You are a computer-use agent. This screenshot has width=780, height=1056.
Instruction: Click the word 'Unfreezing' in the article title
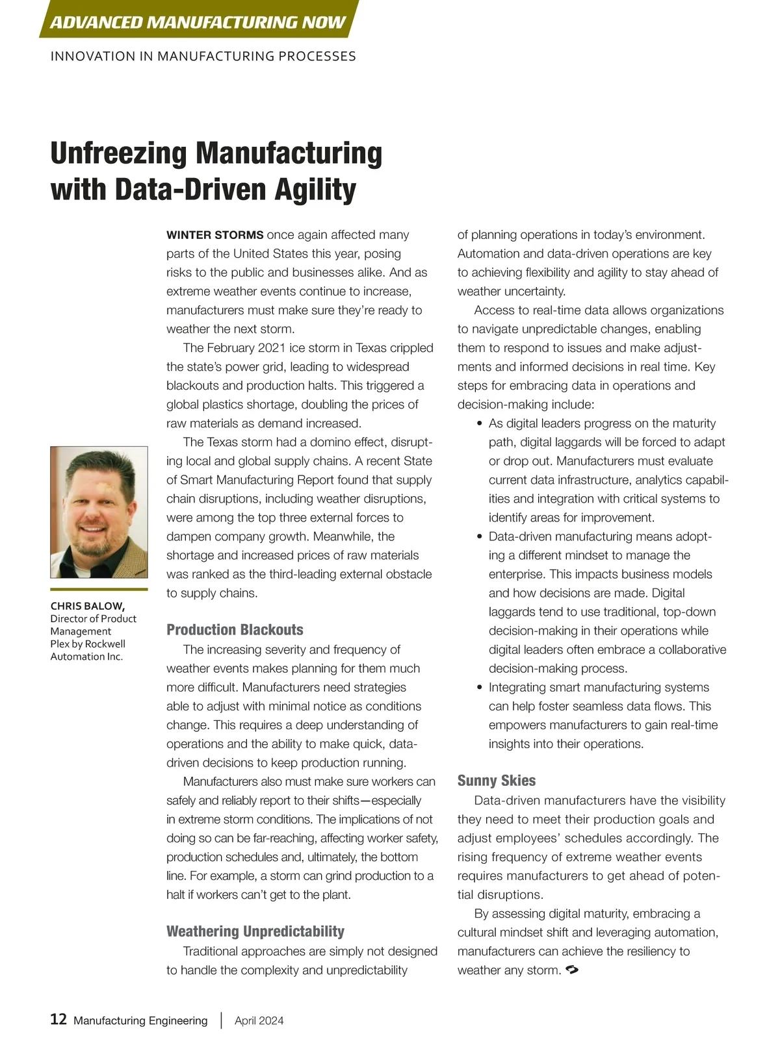[x=119, y=154]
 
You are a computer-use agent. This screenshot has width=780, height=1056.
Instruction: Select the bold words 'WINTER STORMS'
[x=215, y=235]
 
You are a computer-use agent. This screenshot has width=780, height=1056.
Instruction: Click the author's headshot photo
[x=99, y=512]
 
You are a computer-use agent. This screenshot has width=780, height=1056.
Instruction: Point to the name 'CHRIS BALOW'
[x=88, y=606]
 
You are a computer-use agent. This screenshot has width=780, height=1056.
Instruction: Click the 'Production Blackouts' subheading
[x=235, y=629]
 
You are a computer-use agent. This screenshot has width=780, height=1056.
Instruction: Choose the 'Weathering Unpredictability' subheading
[x=255, y=931]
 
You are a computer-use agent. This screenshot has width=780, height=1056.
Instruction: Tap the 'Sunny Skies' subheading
[x=497, y=781]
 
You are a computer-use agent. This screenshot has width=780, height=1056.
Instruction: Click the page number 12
[x=58, y=1019]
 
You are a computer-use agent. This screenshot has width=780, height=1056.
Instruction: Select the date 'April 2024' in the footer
[x=259, y=1020]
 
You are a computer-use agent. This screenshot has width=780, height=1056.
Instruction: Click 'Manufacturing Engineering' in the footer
[x=140, y=1020]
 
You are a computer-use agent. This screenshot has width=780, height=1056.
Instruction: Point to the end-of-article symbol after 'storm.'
[x=572, y=970]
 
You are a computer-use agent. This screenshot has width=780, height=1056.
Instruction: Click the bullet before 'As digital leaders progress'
[x=480, y=424]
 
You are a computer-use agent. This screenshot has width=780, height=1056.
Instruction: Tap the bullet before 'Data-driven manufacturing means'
[x=480, y=537]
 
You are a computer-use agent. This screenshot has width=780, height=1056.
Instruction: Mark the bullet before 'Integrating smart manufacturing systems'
[x=480, y=688]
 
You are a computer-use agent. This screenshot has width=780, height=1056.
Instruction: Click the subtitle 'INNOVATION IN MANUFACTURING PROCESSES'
[x=203, y=57]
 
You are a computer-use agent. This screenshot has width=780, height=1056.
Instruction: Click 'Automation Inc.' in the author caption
[x=86, y=657]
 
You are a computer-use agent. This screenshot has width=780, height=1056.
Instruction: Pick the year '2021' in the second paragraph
[x=276, y=348]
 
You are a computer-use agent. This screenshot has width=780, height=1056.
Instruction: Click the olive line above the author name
[x=99, y=590]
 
